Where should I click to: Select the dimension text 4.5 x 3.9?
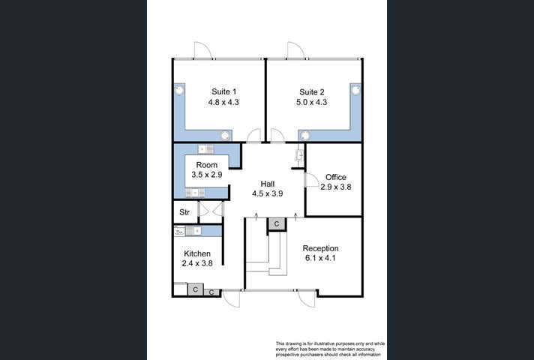[268, 193]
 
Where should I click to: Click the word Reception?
[320, 248]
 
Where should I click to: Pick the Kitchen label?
[196, 254]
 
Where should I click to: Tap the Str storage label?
[183, 212]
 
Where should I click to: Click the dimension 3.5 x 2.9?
[207, 174]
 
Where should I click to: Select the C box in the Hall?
[276, 223]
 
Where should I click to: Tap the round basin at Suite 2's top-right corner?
[355, 88]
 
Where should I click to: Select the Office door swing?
[311, 180]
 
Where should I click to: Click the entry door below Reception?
[306, 298]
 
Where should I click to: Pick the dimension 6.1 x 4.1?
[320, 259]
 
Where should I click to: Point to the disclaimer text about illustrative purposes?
[327, 348]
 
